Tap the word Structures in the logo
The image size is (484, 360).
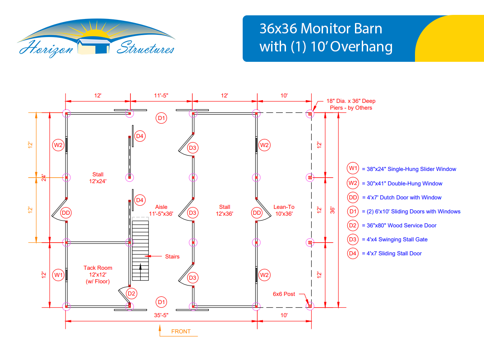[x=145, y=48]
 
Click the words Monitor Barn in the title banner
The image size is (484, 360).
[x=341, y=29]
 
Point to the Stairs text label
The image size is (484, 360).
[x=172, y=257]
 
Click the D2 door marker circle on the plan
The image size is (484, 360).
[x=132, y=294]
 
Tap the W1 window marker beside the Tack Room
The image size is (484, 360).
[x=58, y=275]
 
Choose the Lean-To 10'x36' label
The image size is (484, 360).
[x=284, y=210]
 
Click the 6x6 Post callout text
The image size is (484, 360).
[x=284, y=294]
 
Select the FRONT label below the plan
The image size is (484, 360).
[x=181, y=331]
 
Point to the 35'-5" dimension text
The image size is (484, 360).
[x=161, y=315]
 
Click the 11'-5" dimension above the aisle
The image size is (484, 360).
[x=161, y=95]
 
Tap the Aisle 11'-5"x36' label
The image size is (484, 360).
[x=161, y=210]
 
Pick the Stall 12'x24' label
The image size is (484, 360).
[x=98, y=178]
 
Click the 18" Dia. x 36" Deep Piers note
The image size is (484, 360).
[x=351, y=104]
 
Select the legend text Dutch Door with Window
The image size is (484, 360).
[x=410, y=197]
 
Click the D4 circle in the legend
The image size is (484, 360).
[x=353, y=254]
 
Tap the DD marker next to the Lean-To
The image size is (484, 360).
[x=257, y=213]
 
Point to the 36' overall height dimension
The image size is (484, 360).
[x=332, y=210]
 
